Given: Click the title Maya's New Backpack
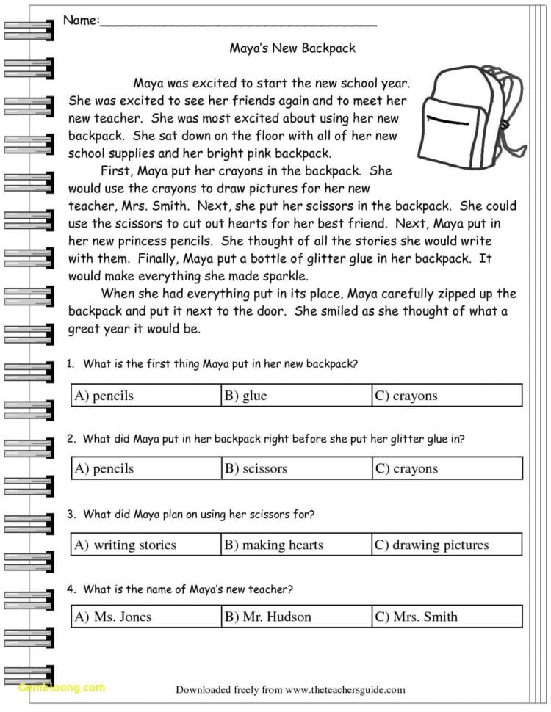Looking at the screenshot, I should (x=292, y=48).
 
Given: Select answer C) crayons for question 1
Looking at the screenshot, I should (x=406, y=396).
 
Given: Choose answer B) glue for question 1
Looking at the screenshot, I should (x=246, y=396).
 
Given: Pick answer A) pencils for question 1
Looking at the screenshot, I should (x=104, y=396).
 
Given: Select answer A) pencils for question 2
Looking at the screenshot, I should (x=104, y=468).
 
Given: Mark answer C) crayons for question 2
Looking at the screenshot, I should (x=406, y=468).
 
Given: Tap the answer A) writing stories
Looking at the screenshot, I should (x=126, y=545).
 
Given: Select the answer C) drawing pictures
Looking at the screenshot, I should (x=432, y=545).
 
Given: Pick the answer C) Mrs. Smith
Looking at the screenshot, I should (x=417, y=617).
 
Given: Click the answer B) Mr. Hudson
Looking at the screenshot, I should (x=268, y=617).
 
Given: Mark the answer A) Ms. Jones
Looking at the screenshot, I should (x=113, y=617).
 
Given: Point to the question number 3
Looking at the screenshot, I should (x=70, y=515).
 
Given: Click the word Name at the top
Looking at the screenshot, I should (x=80, y=21).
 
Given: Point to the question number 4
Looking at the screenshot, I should (x=70, y=589).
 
